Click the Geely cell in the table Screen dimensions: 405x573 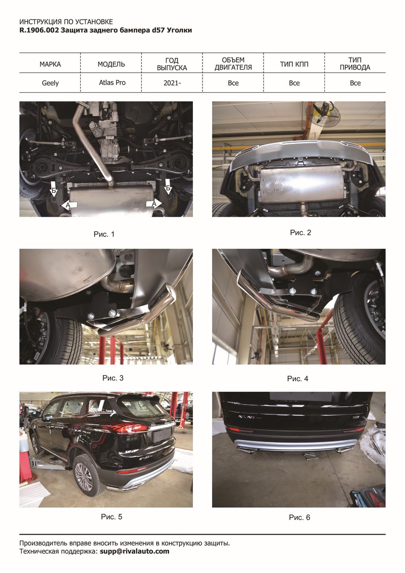coord(50,83)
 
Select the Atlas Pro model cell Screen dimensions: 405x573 coord(112,83)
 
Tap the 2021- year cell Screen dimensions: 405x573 coord(172,83)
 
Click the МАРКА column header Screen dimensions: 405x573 coord(50,64)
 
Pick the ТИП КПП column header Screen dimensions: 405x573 coord(294,64)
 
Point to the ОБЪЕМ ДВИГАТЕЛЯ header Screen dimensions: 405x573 coord(233,64)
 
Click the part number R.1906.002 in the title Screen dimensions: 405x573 coord(39,30)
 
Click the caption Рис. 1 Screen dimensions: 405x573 coord(104,234)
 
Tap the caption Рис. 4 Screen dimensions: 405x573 coord(298,379)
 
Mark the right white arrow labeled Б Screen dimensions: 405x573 coord(168,188)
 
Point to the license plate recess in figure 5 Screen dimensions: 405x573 coord(162,435)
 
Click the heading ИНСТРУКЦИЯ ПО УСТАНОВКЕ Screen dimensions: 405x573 coord(66,22)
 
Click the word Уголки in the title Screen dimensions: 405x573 coord(179,30)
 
